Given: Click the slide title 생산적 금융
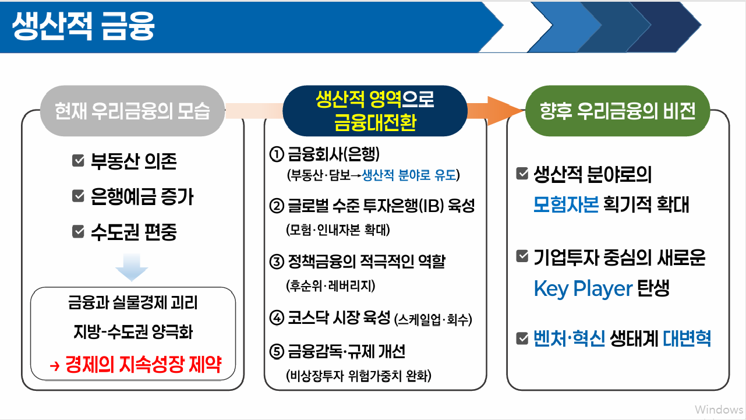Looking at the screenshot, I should coord(83,27).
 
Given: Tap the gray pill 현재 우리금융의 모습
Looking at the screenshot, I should coord(132,111).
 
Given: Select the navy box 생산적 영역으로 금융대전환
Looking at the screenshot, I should coord(375,111).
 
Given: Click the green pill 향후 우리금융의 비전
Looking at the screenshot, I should coord(618,111).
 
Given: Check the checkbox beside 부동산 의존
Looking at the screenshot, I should coord(78,161).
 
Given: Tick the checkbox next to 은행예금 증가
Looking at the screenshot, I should coord(78,196).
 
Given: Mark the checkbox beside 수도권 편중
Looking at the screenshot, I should coord(78,232).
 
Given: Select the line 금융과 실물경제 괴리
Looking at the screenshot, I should coord(132,303).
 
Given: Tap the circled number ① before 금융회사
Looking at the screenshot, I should coord(276,156).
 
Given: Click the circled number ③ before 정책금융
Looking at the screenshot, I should coord(276,262).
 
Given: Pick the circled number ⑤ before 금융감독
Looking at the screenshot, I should coord(276,352).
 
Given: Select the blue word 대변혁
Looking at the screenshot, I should coord(687,338).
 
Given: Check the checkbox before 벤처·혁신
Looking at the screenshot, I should coord(522,338).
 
